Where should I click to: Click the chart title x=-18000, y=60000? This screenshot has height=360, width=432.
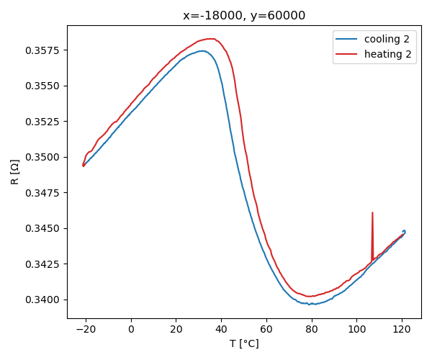pyautogui.click(x=244, y=16)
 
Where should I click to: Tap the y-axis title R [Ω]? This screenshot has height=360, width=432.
pyautogui.click(x=16, y=171)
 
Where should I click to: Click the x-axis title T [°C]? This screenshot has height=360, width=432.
pyautogui.click(x=244, y=343)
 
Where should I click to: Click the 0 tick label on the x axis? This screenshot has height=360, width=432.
pyautogui.click(x=131, y=329)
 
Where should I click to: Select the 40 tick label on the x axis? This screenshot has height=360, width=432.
pyautogui.click(x=222, y=329)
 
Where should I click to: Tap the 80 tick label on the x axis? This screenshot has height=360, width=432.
pyautogui.click(x=312, y=329)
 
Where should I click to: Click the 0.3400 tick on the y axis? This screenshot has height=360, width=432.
pyautogui.click(x=45, y=300)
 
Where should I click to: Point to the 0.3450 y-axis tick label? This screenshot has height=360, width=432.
pyautogui.click(x=45, y=228)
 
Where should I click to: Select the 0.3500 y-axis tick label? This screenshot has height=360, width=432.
pyautogui.click(x=45, y=157)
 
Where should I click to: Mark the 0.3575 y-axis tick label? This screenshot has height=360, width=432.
pyautogui.click(x=45, y=50)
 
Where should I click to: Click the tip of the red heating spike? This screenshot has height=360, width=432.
pyautogui.click(x=372, y=212)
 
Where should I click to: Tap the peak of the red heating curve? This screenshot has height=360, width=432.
pyautogui.click(x=211, y=39)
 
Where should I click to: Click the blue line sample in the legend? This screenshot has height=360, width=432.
pyautogui.click(x=347, y=37)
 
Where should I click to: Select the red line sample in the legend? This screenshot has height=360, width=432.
pyautogui.click(x=347, y=54)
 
